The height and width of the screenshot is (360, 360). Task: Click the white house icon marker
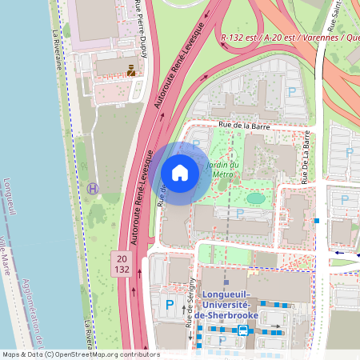click(180, 172)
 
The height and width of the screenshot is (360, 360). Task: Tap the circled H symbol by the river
click(93, 188)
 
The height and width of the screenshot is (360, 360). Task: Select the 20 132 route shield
click(122, 263)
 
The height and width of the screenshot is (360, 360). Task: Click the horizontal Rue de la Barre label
click(249, 126)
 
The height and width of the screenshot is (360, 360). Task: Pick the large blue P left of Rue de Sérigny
click(169, 305)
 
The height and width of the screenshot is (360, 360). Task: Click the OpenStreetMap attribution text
click(80, 354)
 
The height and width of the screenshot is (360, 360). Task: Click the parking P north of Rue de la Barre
click(292, 93)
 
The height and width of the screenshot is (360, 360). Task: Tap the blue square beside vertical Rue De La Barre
click(318, 220)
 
